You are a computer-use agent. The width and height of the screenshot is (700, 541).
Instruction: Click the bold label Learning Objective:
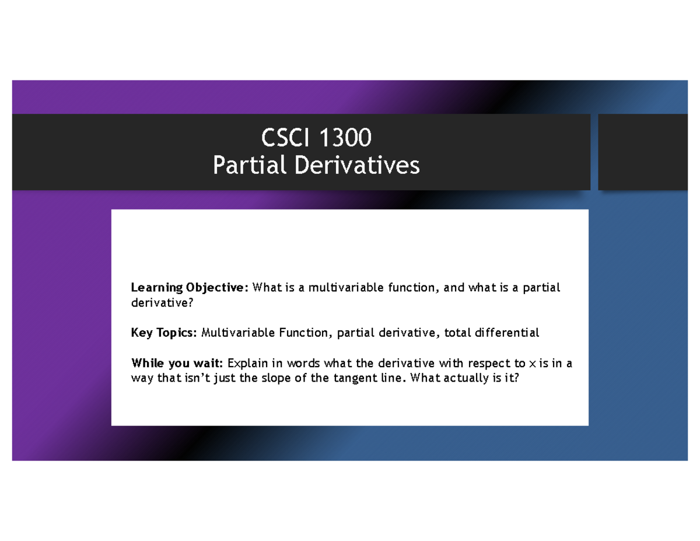[190, 288]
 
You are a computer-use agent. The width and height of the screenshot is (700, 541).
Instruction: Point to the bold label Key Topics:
[164, 333]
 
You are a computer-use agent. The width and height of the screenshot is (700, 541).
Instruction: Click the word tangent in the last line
[355, 379]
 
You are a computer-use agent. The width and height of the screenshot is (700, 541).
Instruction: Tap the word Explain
[253, 364]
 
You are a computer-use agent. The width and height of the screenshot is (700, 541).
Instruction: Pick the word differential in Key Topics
[509, 333]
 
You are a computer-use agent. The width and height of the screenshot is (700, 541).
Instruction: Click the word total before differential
[457, 333]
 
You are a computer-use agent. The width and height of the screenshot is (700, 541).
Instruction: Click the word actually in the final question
[464, 379]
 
